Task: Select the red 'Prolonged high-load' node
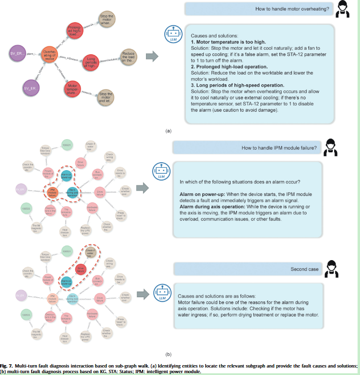tap(76, 31)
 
